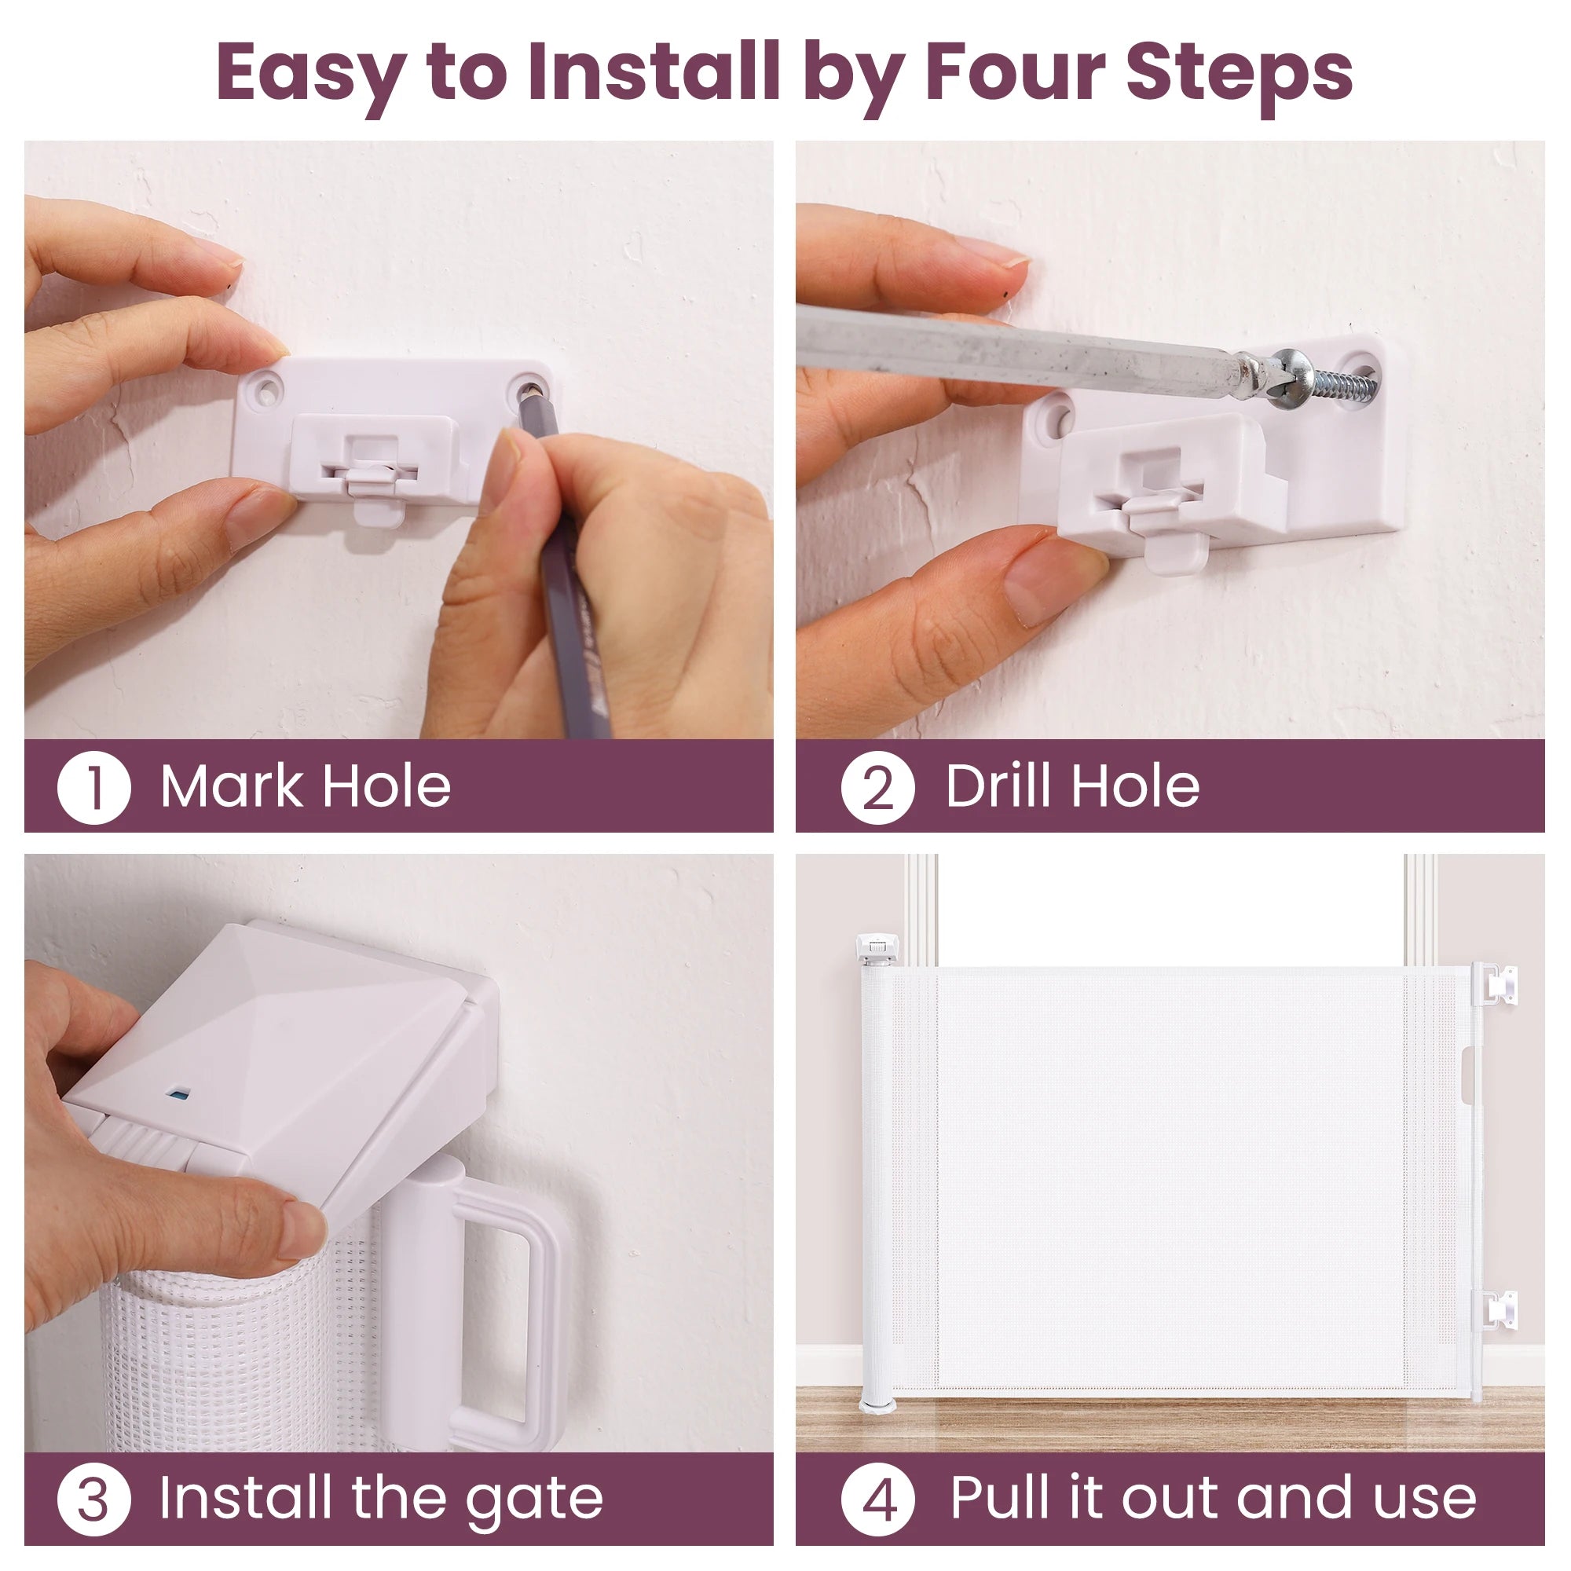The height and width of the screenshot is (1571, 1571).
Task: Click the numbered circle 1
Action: [93, 788]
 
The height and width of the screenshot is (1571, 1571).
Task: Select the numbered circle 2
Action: [877, 788]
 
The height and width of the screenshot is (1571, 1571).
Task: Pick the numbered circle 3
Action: [93, 1500]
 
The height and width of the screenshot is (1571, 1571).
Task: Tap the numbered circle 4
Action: [877, 1500]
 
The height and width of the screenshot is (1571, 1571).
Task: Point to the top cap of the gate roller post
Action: [877, 946]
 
